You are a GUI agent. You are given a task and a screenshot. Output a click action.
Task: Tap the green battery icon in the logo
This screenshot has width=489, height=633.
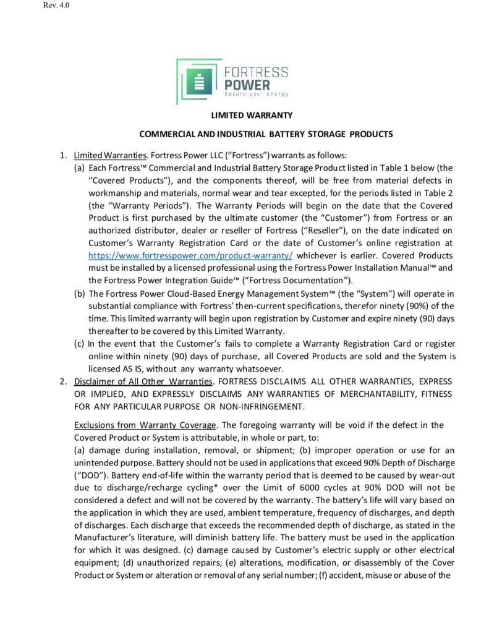pyautogui.click(x=198, y=80)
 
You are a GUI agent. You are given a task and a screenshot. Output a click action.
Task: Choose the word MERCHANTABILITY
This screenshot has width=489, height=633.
pyautogui.click(x=360, y=394)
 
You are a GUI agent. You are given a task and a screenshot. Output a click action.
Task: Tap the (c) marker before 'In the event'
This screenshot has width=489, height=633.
pyautogui.click(x=80, y=344)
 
